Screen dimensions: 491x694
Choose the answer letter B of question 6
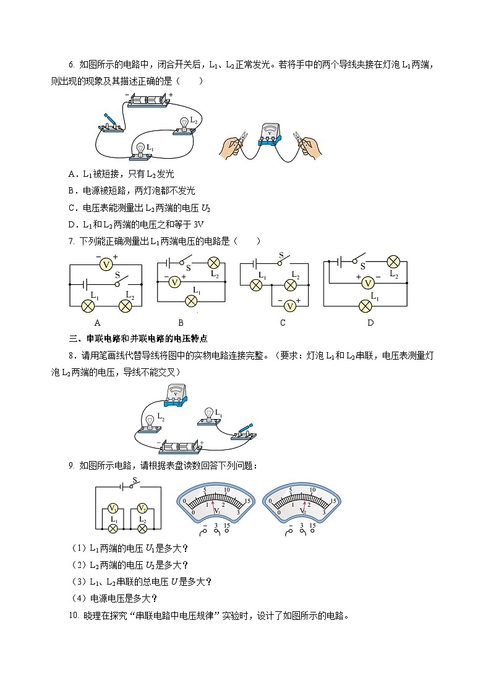click(71, 191)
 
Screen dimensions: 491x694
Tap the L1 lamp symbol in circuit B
click(191, 300)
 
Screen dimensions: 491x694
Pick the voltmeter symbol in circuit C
click(288, 304)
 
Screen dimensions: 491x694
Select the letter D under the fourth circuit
click(370, 322)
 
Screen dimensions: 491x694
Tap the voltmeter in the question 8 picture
click(176, 394)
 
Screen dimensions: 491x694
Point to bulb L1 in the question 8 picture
click(209, 415)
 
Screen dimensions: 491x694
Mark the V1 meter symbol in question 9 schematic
click(113, 508)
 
